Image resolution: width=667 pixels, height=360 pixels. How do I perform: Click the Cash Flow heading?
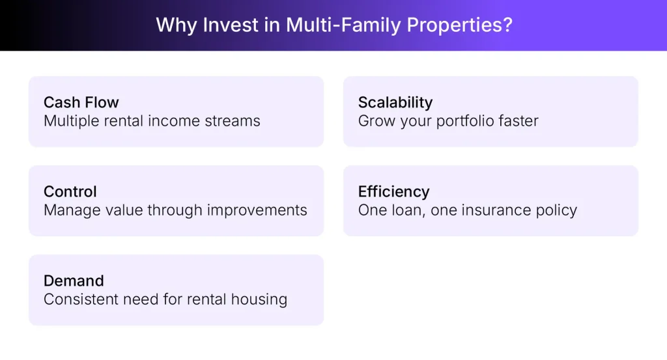coord(81,103)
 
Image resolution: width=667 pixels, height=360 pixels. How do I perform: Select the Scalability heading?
coord(395,103)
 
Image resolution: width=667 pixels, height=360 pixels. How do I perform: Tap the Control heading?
coord(70,192)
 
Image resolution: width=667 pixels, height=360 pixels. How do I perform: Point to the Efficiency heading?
coord(393,192)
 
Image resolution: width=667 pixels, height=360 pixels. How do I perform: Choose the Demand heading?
coord(74,281)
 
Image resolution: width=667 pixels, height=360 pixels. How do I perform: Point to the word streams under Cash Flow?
coord(234,121)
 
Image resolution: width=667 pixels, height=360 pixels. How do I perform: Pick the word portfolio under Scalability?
coord(464,121)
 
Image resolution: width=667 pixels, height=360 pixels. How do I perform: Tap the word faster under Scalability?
coord(519,121)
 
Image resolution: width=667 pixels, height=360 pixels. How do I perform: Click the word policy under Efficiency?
coord(558,210)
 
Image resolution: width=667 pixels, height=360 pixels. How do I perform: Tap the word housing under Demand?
coord(262,299)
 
